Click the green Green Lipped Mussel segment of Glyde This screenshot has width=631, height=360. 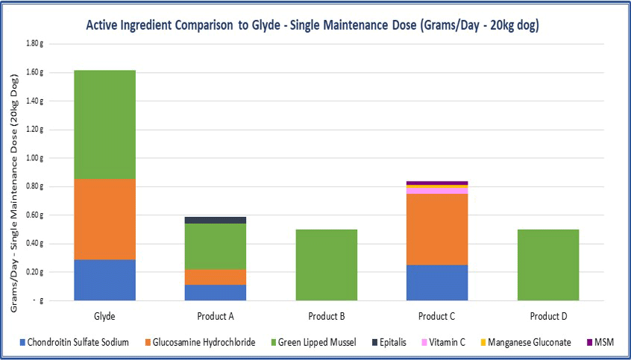[x=104, y=124]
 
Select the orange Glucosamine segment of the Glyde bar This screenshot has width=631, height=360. [x=104, y=219]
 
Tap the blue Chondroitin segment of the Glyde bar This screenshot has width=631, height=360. [x=104, y=280]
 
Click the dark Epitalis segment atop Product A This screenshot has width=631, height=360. [x=216, y=221]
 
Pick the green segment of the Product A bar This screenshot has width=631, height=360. [x=216, y=246]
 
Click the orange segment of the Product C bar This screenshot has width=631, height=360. [x=437, y=229]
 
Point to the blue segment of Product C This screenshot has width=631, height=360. [x=437, y=282]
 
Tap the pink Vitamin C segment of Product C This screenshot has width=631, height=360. [x=437, y=191]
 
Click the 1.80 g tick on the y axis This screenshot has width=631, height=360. [x=35, y=43]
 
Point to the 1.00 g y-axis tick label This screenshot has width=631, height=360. [x=35, y=158]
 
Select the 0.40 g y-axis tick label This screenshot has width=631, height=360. [x=35, y=244]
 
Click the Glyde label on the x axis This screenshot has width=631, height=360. [x=104, y=315]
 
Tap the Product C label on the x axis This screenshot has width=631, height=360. [x=437, y=315]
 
